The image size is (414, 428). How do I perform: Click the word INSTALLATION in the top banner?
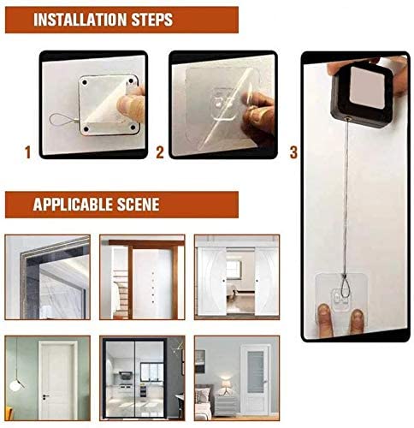(80, 20)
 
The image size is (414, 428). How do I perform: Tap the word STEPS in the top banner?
(151, 20)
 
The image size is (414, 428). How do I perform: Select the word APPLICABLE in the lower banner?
(69, 205)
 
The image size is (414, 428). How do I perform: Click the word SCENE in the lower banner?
(134, 205)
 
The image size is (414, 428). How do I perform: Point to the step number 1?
(27, 152)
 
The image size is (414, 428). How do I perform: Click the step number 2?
(160, 152)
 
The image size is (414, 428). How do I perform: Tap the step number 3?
(293, 152)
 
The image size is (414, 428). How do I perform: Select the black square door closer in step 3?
(361, 94)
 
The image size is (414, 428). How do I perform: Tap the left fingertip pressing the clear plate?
(323, 319)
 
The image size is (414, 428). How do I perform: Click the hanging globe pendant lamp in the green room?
(15, 385)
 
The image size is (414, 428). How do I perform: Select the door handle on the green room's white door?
(45, 396)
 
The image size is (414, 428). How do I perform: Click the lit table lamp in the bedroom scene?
(226, 383)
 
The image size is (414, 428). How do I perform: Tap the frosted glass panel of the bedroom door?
(256, 372)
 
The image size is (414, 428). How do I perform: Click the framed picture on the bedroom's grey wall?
(199, 361)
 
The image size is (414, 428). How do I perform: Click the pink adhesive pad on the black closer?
(367, 87)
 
